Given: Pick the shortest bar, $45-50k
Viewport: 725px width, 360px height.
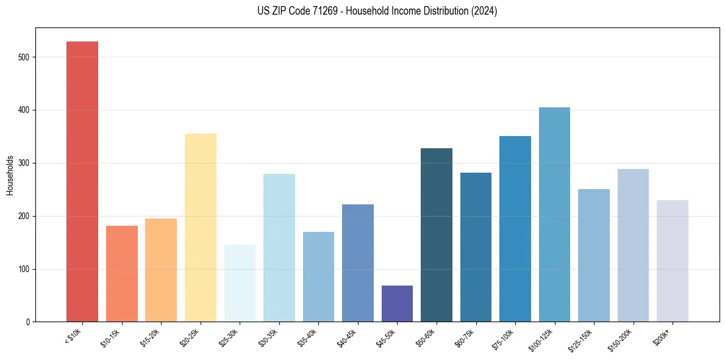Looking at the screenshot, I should coord(397,303).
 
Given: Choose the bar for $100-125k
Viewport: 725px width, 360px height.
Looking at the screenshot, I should coord(554,214).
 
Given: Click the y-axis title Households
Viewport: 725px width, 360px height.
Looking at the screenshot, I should coord(10,175).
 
